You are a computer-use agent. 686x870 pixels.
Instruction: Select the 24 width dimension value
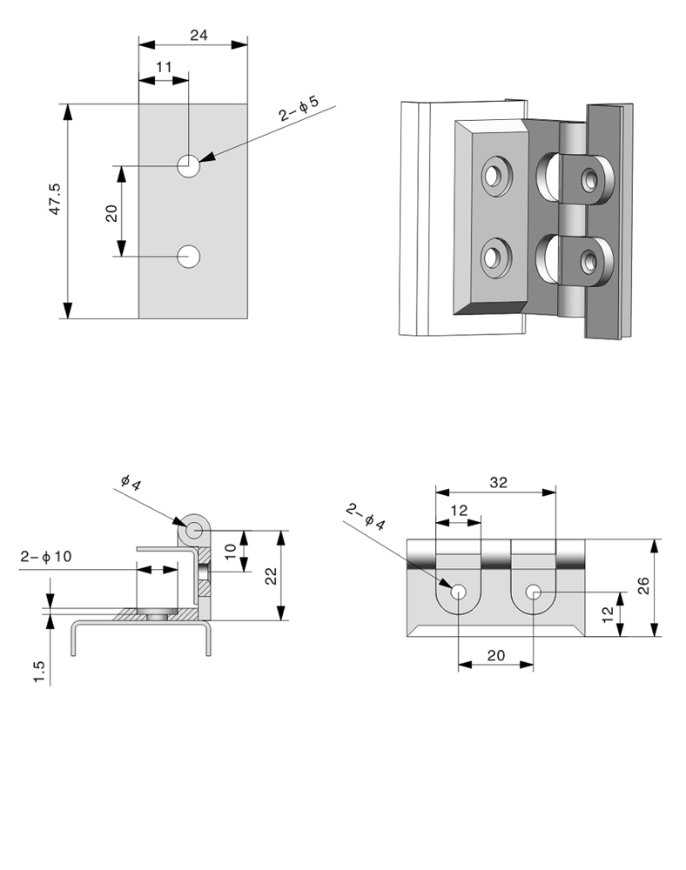coord(198,37)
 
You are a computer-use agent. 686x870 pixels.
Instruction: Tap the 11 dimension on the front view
coord(164,67)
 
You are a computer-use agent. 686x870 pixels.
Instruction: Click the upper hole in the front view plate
coord(188,164)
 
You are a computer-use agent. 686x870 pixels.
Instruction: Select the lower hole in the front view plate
coord(188,256)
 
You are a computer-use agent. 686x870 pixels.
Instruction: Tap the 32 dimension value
coord(498,481)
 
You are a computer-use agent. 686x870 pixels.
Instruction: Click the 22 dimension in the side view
coord(271,575)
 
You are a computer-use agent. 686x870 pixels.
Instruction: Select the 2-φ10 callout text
coord(45,557)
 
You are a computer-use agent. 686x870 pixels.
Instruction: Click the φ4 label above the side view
coord(130,480)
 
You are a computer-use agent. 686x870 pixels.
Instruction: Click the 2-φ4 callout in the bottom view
coord(365,515)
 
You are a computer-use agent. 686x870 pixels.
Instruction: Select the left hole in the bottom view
coord(459,592)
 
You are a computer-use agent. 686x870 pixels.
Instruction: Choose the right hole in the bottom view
coord(533,592)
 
